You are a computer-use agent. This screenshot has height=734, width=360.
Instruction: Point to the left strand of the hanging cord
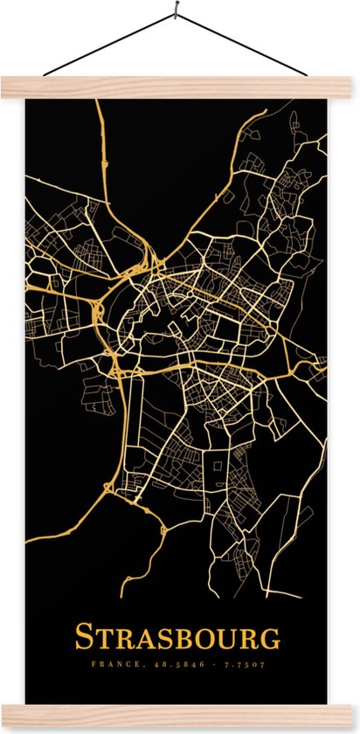(109, 45)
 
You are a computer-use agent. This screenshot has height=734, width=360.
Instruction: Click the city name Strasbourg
(177, 637)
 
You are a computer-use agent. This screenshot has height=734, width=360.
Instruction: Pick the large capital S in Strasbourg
(85, 636)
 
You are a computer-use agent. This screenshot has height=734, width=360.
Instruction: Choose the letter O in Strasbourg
(202, 639)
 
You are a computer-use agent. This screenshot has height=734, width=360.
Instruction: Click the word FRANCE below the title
(109, 665)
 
